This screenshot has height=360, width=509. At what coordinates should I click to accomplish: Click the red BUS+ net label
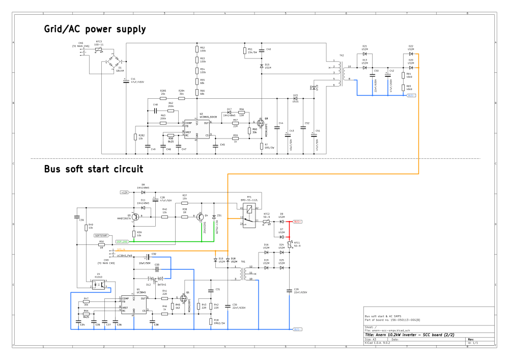[x=297, y=222]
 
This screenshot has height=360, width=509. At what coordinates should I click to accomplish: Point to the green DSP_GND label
[x=122, y=241]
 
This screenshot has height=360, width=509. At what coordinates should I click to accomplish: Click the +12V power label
[x=125, y=192]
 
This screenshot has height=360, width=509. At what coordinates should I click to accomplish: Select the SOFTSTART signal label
[x=102, y=236]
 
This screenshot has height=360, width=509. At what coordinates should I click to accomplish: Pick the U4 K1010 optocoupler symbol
[x=100, y=284]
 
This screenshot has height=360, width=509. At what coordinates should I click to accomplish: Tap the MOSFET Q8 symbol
[x=261, y=123]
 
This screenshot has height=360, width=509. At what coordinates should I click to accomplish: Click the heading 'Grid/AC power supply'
[x=95, y=30]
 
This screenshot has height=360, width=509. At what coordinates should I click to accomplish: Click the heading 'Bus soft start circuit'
[x=93, y=169]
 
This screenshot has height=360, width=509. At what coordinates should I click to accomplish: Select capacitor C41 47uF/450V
[x=126, y=80]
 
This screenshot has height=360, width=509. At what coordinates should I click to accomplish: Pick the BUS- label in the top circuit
[x=411, y=95]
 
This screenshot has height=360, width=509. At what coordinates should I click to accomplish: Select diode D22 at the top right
[x=411, y=53]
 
